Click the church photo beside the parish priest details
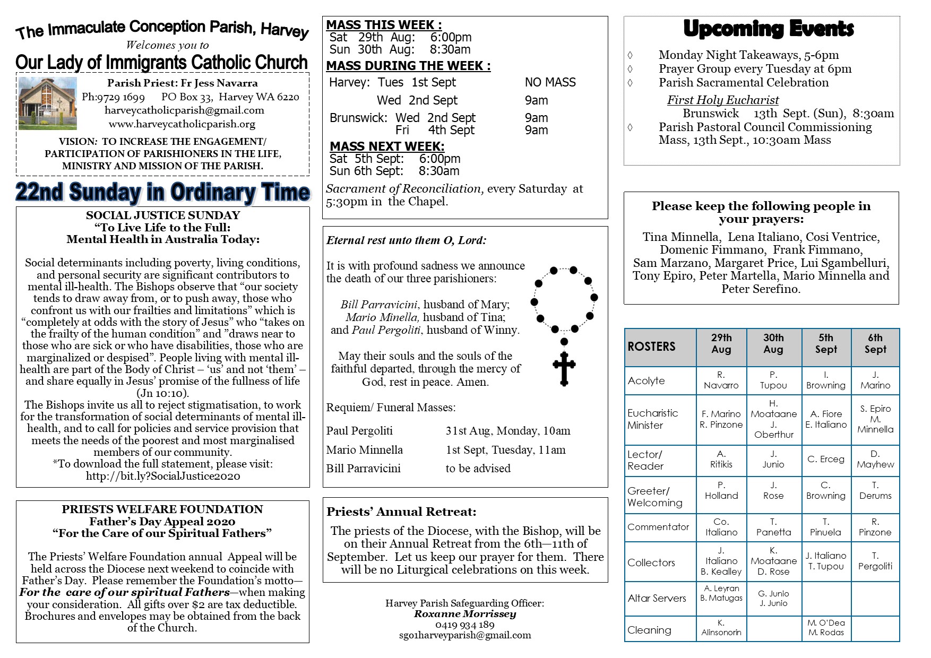[47, 103]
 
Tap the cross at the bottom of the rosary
[564, 368]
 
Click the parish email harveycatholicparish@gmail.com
[184, 110]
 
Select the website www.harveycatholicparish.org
[182, 124]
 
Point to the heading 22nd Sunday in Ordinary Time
[162, 192]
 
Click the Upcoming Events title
[768, 29]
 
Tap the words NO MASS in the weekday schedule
[550, 82]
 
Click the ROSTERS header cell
[660, 347]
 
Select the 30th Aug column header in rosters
[773, 344]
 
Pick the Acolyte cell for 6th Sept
[875, 380]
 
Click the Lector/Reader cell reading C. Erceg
[825, 459]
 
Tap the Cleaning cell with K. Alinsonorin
[721, 628]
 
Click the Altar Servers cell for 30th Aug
[773, 598]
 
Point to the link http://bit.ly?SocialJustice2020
[163, 476]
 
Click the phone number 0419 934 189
[464, 625]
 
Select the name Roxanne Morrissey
[464, 614]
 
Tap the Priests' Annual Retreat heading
[401, 512]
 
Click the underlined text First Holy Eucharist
[722, 100]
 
